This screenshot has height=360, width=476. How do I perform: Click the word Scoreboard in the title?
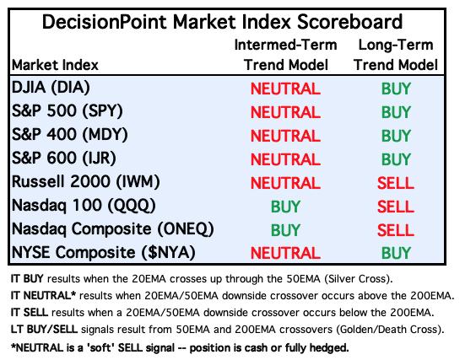(x=349, y=22)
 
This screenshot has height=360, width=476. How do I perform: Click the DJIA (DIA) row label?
(x=51, y=88)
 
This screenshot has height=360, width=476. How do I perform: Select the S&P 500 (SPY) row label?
(x=67, y=111)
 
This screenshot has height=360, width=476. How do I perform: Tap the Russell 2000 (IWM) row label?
(x=85, y=182)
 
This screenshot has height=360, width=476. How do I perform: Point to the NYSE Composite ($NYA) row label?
(x=103, y=253)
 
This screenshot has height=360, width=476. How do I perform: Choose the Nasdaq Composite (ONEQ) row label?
(x=112, y=229)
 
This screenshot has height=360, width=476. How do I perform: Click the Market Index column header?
(x=55, y=65)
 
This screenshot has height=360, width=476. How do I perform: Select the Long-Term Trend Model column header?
(x=396, y=55)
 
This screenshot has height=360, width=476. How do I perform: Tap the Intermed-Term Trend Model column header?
(x=285, y=55)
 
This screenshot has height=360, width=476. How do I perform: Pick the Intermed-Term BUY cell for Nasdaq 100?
(x=285, y=207)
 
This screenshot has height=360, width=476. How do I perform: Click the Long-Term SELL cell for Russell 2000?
(x=396, y=183)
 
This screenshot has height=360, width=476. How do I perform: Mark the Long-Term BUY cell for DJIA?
(x=396, y=89)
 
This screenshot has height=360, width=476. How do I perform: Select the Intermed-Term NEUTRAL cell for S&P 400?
(x=285, y=136)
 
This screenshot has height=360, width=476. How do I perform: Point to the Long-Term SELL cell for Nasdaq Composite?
(x=396, y=230)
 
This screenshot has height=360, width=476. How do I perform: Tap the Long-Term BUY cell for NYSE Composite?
(x=396, y=253)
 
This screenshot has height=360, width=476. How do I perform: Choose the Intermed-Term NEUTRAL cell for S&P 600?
(x=285, y=159)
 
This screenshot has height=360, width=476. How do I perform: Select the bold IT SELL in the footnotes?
(x=30, y=313)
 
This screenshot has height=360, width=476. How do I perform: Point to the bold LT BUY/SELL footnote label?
(x=44, y=330)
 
